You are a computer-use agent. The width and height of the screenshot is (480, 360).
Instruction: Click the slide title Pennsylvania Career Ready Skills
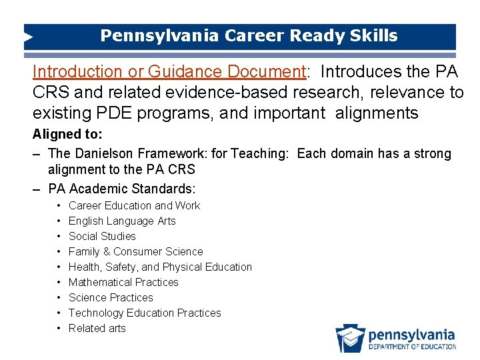pyautogui.click(x=249, y=36)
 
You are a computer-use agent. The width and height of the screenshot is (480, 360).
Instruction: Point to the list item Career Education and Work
pyautogui.click(x=134, y=205)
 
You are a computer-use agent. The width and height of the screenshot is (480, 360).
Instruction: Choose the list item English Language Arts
pyautogui.click(x=122, y=221)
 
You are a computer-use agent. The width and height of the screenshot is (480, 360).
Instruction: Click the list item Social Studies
pyautogui.click(x=102, y=236)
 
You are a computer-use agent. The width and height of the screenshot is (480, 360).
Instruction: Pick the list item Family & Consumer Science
pyautogui.click(x=135, y=251)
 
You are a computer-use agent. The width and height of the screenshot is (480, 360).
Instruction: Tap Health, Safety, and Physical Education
pyautogui.click(x=160, y=267)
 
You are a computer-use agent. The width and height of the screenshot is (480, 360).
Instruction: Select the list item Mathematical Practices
pyautogui.click(x=123, y=282)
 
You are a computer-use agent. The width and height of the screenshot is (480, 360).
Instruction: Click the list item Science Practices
pyautogui.click(x=111, y=297)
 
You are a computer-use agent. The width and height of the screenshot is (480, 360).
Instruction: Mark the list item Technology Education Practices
pyautogui.click(x=145, y=313)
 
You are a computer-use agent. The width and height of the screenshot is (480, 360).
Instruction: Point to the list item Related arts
pyautogui.click(x=97, y=328)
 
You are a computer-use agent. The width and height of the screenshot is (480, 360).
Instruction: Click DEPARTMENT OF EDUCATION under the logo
pyautogui.click(x=412, y=347)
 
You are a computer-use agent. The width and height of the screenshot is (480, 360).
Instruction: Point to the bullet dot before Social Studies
pyautogui.click(x=59, y=236)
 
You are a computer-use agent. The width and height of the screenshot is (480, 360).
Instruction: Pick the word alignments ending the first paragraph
pyautogui.click(x=367, y=113)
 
